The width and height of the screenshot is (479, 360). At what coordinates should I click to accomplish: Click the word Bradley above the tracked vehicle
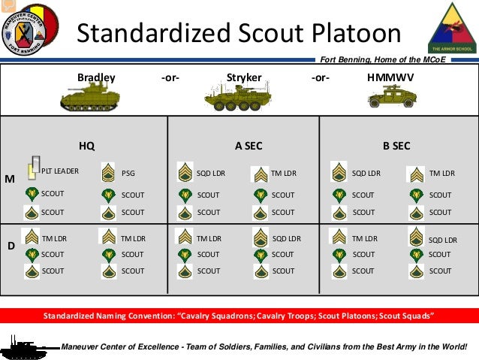pos(96,77)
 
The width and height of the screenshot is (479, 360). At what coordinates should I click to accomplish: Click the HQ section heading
pos(87,146)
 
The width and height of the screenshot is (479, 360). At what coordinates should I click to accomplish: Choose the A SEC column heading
pos(248,146)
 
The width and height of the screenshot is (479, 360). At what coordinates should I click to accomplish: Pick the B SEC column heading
pos(396,146)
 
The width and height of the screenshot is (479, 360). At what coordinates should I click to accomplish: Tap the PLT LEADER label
pos(60,171)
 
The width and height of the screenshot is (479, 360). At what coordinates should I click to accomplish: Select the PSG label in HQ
pos(128,174)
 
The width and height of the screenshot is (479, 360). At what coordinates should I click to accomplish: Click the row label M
pos(10,180)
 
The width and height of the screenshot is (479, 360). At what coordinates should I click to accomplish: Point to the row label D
pos(11,245)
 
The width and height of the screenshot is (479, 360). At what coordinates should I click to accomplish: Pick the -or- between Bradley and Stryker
pos(170,77)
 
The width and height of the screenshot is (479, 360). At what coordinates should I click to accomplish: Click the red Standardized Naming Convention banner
pos(239,315)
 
